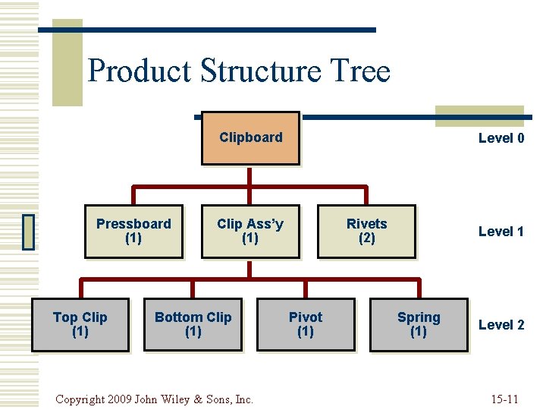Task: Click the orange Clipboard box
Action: (250, 138)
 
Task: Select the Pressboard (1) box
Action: (133, 231)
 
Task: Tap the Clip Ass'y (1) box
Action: (249, 231)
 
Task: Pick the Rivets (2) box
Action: (366, 231)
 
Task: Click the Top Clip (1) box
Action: (80, 324)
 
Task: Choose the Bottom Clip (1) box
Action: (193, 324)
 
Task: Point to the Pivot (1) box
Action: (305, 324)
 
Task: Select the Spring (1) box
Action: (419, 324)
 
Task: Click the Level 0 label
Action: (500, 138)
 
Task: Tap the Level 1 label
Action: (500, 232)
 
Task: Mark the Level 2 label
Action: (500, 325)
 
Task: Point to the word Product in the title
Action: (140, 71)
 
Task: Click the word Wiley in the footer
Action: (184, 399)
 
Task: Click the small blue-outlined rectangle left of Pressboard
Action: (29, 232)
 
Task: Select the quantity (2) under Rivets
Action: (366, 238)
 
